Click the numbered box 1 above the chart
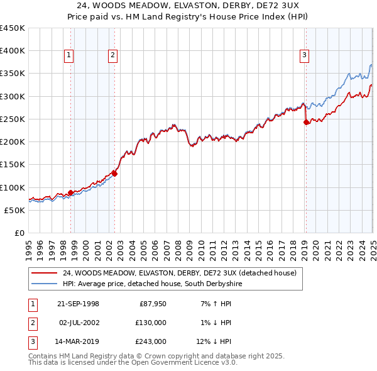[x=68, y=55]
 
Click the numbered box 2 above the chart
[x=112, y=55]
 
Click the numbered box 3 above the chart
[x=304, y=55]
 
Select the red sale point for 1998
[x=71, y=192]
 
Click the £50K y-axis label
[x=14, y=210]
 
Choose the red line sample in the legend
[x=44, y=273]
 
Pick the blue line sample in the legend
[x=44, y=284]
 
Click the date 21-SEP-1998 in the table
[x=78, y=304]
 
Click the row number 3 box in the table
[x=31, y=342]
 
